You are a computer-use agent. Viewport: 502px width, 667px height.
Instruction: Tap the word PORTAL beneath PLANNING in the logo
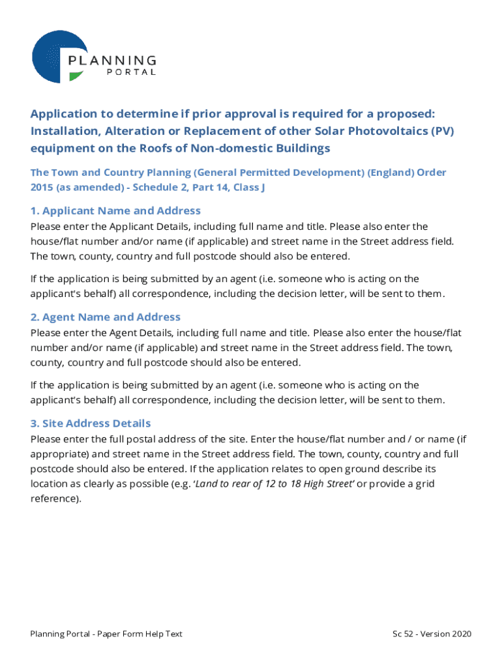tap(130, 72)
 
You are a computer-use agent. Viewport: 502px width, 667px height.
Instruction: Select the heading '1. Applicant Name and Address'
tap(115, 210)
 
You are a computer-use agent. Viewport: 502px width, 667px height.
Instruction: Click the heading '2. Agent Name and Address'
tap(106, 317)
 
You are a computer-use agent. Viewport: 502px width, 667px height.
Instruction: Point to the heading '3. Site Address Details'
tap(91, 423)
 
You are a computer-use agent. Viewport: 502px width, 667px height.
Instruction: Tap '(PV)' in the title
tap(440, 131)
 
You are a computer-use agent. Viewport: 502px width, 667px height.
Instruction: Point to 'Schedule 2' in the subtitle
tap(159, 188)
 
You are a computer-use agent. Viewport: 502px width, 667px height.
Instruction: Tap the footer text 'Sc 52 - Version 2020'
tap(432, 634)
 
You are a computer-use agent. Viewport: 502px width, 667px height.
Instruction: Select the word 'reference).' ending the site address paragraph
tap(56, 498)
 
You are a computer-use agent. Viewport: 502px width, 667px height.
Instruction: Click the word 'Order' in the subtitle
tap(432, 173)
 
